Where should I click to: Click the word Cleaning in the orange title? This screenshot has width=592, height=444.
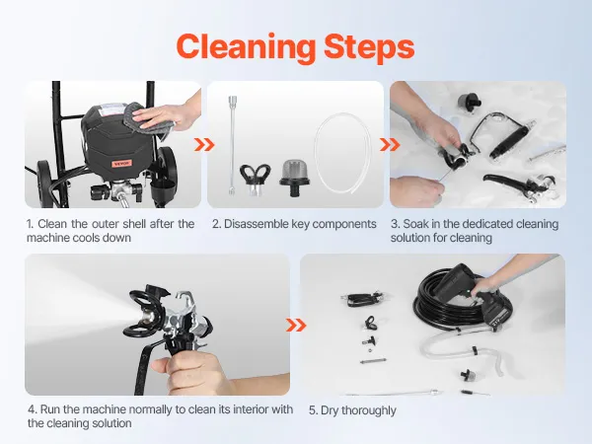point(246,47)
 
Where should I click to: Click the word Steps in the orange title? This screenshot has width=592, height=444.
point(369,47)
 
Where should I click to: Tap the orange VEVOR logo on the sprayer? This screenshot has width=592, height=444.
point(121,164)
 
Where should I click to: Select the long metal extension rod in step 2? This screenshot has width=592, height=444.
point(232,145)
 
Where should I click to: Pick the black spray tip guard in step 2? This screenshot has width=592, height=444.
point(255,179)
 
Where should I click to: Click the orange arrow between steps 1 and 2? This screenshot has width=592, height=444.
point(204,145)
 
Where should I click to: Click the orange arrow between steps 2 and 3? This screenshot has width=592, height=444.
point(390,145)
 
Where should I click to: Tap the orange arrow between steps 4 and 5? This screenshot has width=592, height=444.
point(296,325)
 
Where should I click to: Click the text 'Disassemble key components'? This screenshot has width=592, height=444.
point(300,224)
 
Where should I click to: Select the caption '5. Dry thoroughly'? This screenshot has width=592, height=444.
point(352,410)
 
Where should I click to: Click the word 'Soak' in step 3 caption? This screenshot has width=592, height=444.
point(415,224)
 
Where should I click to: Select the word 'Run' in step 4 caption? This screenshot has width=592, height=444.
point(50,409)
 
